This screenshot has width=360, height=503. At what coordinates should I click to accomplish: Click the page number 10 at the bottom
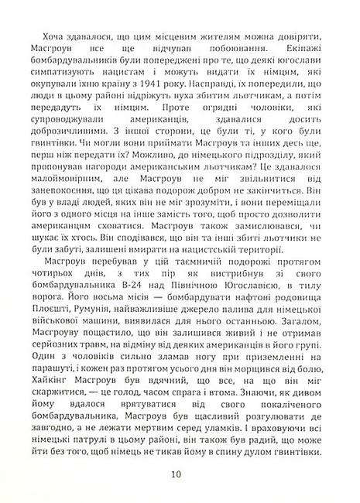click(180, 475)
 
